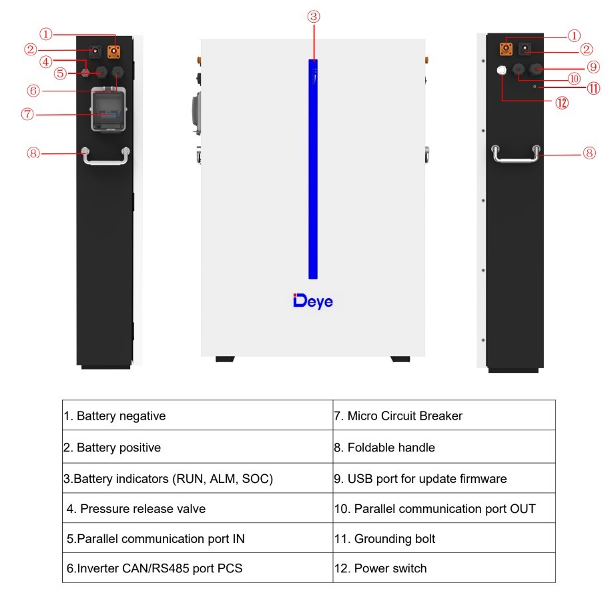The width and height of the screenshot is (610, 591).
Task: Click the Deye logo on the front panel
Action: pos(312,302)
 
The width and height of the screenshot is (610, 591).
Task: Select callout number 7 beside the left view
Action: pos(27,114)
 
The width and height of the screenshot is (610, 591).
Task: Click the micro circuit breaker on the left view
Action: pos(109,110)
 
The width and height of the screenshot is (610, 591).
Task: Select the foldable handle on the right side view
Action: pos(516,155)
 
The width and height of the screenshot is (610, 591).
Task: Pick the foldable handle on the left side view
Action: pos(105,156)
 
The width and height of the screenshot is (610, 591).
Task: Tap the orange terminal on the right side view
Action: pos(506,49)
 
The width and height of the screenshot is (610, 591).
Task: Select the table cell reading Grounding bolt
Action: pos(444,538)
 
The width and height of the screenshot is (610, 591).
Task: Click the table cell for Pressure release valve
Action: pos(198,508)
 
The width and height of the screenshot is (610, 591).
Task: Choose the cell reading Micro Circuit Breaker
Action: pos(444,416)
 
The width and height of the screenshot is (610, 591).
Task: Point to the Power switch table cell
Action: pos(444,568)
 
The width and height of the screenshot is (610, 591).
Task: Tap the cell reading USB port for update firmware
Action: pos(444,478)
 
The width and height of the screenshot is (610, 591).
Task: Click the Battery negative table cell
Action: pos(198,416)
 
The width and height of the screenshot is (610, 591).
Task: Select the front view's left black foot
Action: pos(225,359)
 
